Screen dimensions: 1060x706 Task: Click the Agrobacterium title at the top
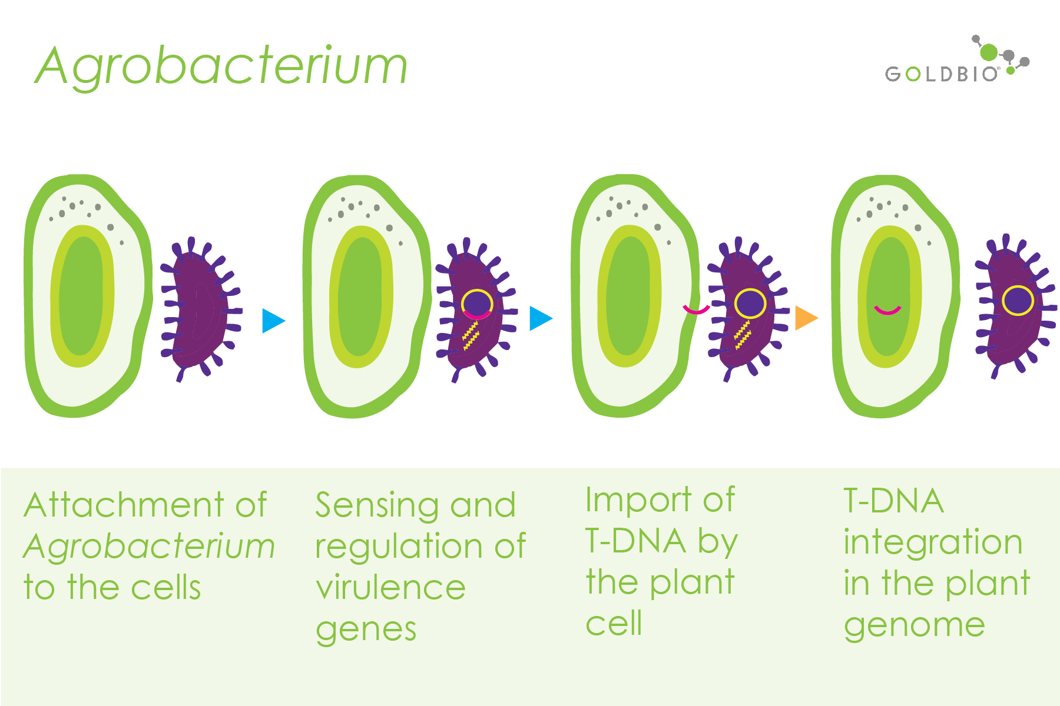tap(221, 66)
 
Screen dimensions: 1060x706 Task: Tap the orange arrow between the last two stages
tap(806, 318)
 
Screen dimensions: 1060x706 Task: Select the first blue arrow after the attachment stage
tap(274, 321)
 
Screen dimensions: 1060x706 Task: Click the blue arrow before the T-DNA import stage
tap(541, 318)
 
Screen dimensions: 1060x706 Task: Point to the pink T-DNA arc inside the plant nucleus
tap(887, 310)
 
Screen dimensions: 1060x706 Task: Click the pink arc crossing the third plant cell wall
tap(696, 309)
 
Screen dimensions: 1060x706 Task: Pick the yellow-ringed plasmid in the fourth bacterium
tap(1018, 300)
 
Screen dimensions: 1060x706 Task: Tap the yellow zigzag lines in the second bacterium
tap(471, 335)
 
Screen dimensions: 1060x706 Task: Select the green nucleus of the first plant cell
tap(82, 296)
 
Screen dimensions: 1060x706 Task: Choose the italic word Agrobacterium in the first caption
tap(149, 547)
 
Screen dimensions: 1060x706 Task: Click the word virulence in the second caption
tap(390, 588)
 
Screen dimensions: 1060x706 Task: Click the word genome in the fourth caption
tap(915, 626)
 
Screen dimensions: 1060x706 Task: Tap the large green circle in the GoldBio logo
tap(989, 52)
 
